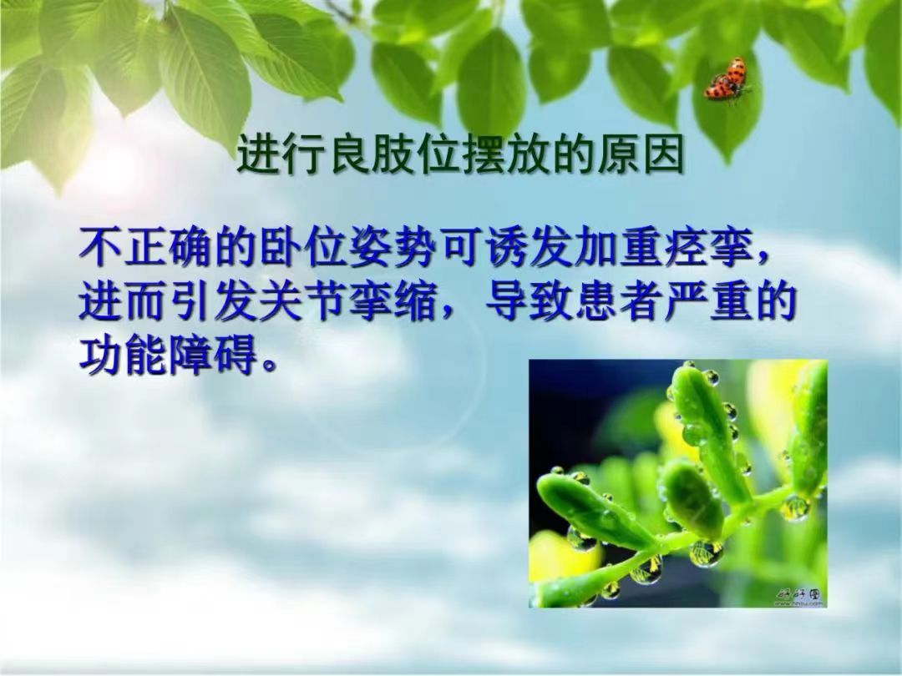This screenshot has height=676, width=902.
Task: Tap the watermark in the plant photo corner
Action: tap(800, 596)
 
